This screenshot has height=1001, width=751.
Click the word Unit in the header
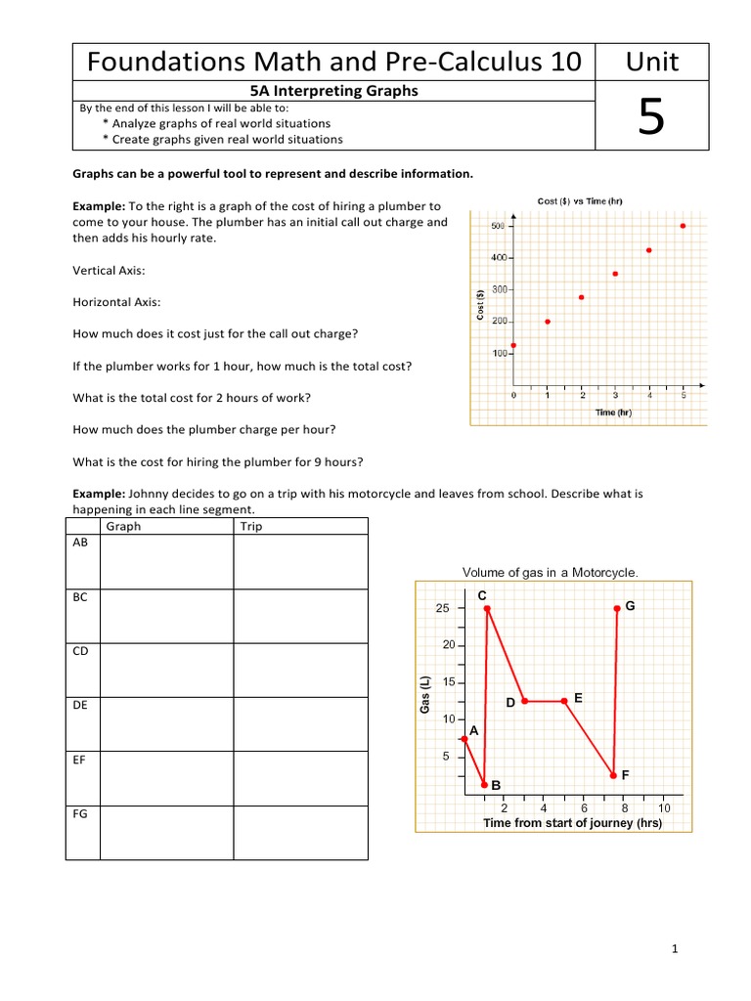(652, 63)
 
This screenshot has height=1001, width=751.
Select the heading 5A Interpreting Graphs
(334, 91)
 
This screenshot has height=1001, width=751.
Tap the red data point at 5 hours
(683, 226)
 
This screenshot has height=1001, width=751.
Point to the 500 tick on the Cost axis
(498, 226)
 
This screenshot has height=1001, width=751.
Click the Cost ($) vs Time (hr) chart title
(580, 201)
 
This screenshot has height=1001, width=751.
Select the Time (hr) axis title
(613, 413)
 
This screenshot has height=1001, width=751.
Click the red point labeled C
(486, 609)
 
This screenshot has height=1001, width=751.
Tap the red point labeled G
(617, 608)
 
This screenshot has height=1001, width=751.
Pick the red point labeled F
(613, 775)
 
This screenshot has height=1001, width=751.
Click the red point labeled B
(484, 784)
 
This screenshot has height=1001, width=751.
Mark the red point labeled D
(525, 701)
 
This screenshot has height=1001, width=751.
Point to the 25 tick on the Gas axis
(442, 609)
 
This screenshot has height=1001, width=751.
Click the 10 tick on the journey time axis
(664, 808)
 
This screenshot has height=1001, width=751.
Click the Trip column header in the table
(251, 526)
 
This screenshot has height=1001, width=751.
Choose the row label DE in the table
(81, 704)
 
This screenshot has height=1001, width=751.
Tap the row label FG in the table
(81, 813)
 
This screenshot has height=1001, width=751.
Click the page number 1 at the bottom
(675, 948)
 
